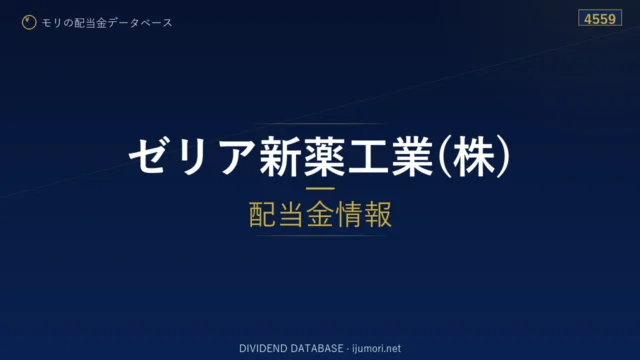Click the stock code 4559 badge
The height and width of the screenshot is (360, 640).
pyautogui.click(x=600, y=18)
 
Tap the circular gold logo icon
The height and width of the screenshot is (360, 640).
pyautogui.click(x=29, y=22)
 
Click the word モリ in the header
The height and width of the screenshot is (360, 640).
pyautogui.click(x=52, y=23)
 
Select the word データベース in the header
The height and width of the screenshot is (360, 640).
pyautogui.click(x=140, y=23)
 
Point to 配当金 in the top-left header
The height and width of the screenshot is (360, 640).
pyautogui.click(x=90, y=23)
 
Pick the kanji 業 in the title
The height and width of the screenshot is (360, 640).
pyautogui.click(x=411, y=156)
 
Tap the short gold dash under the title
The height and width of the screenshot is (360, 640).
pyautogui.click(x=320, y=189)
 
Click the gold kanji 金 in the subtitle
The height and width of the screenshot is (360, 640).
pyautogui.click(x=320, y=214)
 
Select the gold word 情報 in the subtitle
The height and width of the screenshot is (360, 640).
pyautogui.click(x=364, y=214)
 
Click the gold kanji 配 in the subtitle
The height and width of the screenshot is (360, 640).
pyautogui.click(x=262, y=214)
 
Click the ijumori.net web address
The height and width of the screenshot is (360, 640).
pyautogui.click(x=376, y=349)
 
